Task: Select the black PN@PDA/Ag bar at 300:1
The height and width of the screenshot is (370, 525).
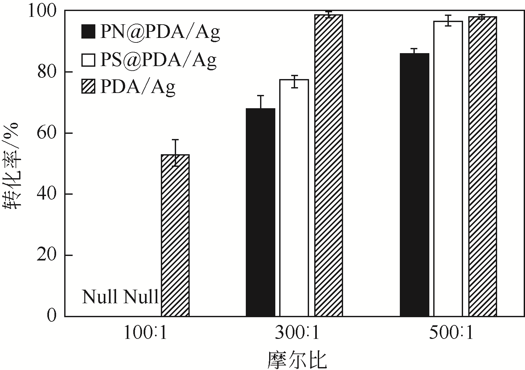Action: pos(260,212)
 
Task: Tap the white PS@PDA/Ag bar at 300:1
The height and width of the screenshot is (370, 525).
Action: pos(294,198)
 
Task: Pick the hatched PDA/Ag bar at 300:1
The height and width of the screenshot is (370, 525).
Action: pos(328,165)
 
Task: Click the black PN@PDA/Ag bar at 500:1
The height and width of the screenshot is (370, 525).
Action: pos(414,185)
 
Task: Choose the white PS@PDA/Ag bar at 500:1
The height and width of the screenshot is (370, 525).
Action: pos(448,168)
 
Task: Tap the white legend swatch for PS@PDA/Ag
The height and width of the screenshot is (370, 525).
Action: pos(88,60)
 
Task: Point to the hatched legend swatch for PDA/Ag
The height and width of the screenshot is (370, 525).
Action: pos(88,87)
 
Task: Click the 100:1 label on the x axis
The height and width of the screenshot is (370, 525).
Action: pos(145,333)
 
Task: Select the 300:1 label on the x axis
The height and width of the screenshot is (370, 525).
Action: pos(297,333)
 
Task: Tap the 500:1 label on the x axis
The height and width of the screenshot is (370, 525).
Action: pos(451,333)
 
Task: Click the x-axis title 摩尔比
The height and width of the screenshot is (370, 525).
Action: pos(297,360)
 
